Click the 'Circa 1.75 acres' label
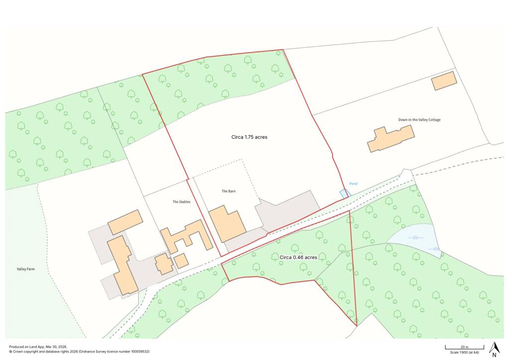click(250, 137)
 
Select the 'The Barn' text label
click(228, 191)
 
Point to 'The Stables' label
click(181, 202)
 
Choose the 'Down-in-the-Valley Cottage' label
click(419, 120)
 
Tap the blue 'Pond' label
click(353, 183)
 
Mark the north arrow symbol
click(494, 349)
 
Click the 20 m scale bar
click(464, 347)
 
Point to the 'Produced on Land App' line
click(38, 347)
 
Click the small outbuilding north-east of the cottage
click(444, 81)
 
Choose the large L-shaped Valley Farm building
click(122, 264)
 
